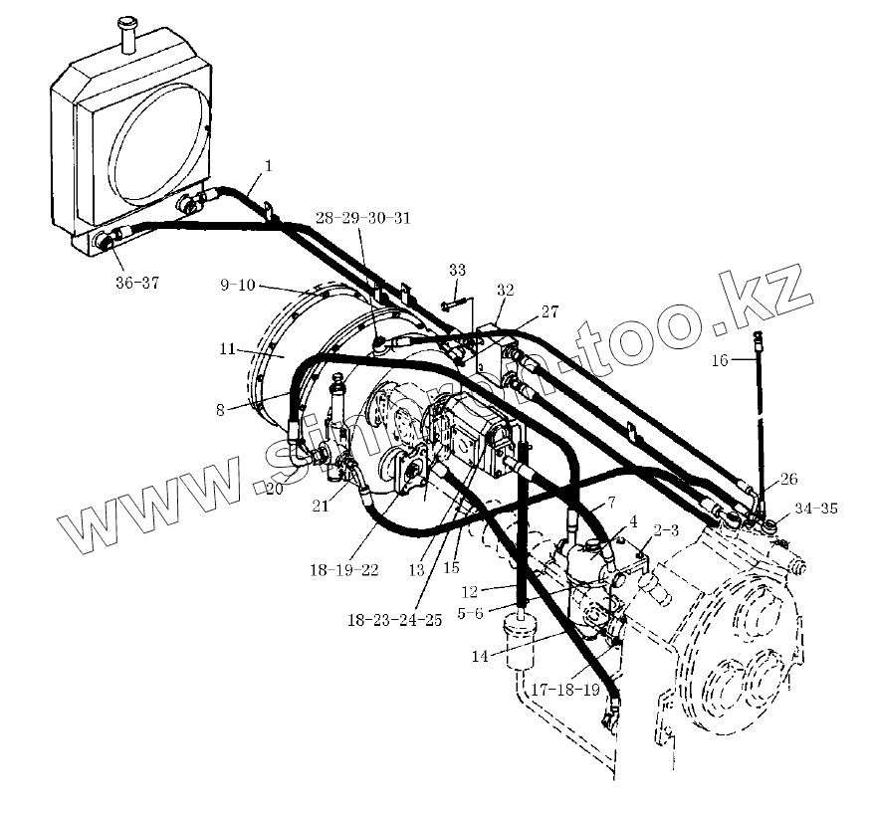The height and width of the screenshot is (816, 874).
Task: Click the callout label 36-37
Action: click(136, 283)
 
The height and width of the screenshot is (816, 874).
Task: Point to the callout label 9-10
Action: click(240, 286)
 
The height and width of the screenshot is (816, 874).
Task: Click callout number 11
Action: click(227, 348)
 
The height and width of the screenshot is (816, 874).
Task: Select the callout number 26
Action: click(788, 479)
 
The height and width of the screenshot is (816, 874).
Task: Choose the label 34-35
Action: click(816, 509)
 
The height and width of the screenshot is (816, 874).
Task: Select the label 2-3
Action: click(666, 530)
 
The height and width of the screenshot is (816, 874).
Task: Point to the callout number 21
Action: click(320, 507)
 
